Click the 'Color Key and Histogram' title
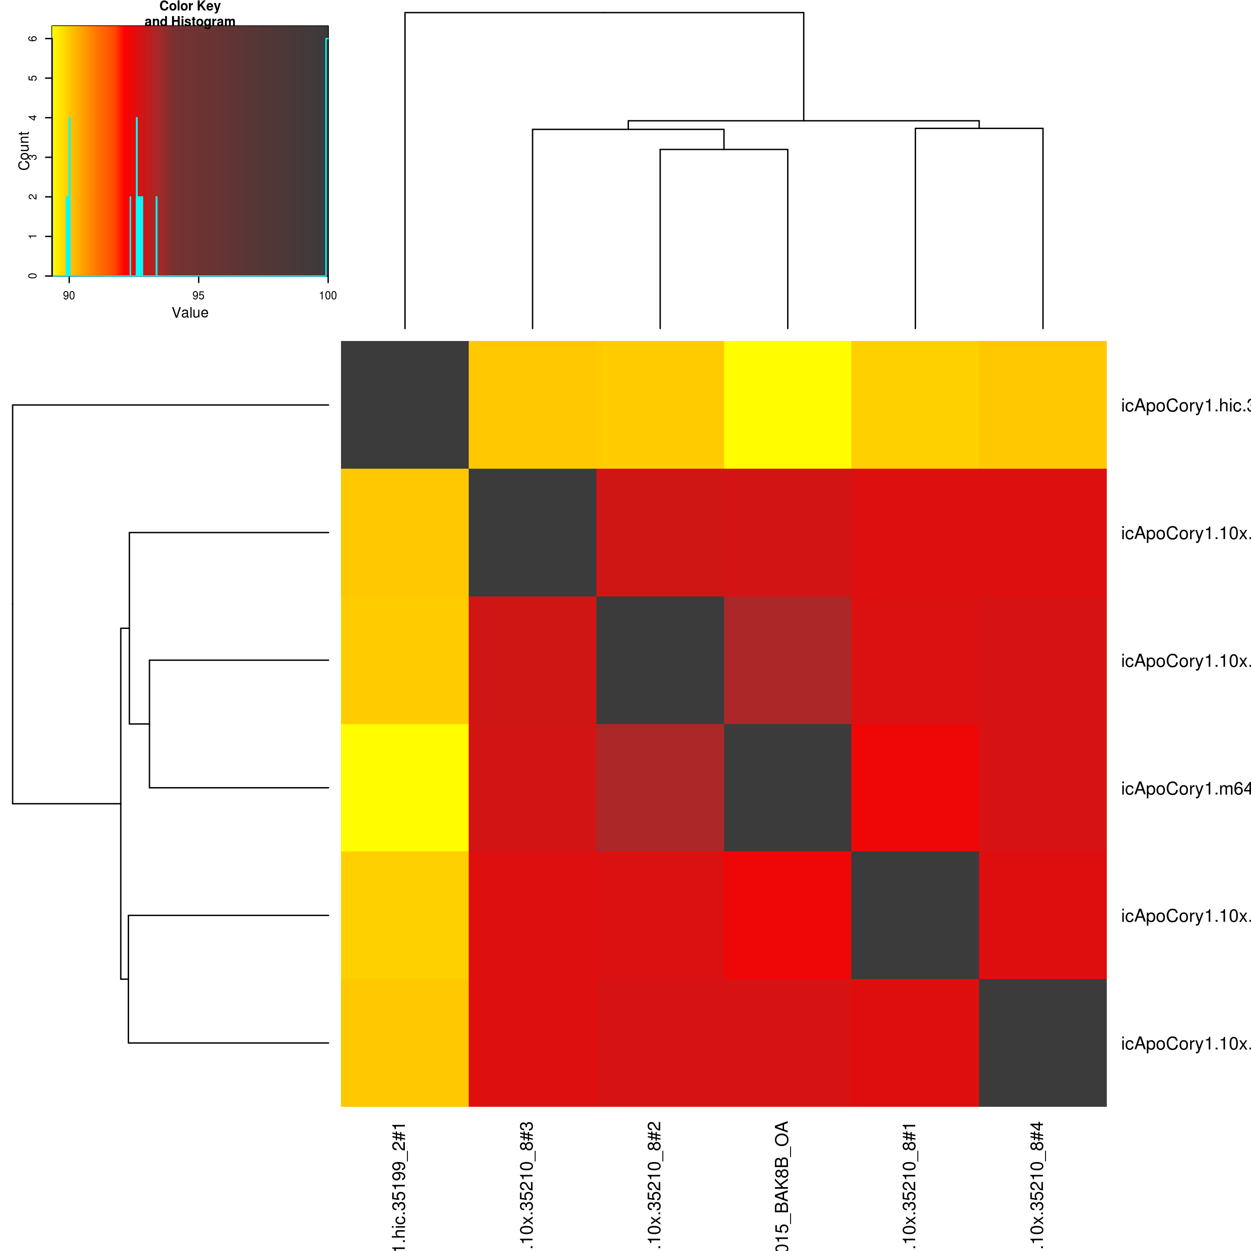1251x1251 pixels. (x=190, y=13)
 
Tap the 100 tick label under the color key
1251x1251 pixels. (x=328, y=295)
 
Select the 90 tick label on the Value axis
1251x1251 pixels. (x=69, y=295)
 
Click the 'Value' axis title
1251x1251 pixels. (x=190, y=313)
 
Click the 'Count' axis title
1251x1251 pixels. (x=24, y=151)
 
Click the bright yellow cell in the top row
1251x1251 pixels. (x=788, y=405)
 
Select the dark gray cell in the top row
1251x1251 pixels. (x=405, y=405)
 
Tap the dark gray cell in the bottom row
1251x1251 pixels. (x=1042, y=1042)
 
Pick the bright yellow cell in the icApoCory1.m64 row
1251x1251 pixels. (x=405, y=788)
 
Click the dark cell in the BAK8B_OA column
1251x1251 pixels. (x=788, y=788)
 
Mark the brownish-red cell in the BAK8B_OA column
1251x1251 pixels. (x=788, y=660)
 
